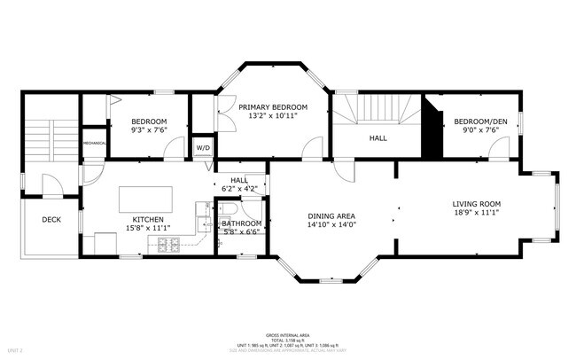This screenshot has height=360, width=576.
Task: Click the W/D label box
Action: (203, 148)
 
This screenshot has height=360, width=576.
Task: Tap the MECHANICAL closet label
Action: (94, 144)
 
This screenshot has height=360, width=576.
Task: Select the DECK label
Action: (51, 221)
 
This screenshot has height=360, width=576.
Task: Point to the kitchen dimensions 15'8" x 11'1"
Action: (148, 229)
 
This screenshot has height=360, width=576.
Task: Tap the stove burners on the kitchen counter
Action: (167, 246)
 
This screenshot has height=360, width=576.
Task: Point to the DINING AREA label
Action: (331, 215)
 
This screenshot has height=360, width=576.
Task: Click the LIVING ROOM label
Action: (477, 203)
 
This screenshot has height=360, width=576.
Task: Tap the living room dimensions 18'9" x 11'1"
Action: (477, 213)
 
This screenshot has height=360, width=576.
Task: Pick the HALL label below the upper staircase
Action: (378, 138)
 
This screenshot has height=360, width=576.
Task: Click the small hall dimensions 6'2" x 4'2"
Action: (239, 189)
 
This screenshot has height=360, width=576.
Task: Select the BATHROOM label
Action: (242, 223)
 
